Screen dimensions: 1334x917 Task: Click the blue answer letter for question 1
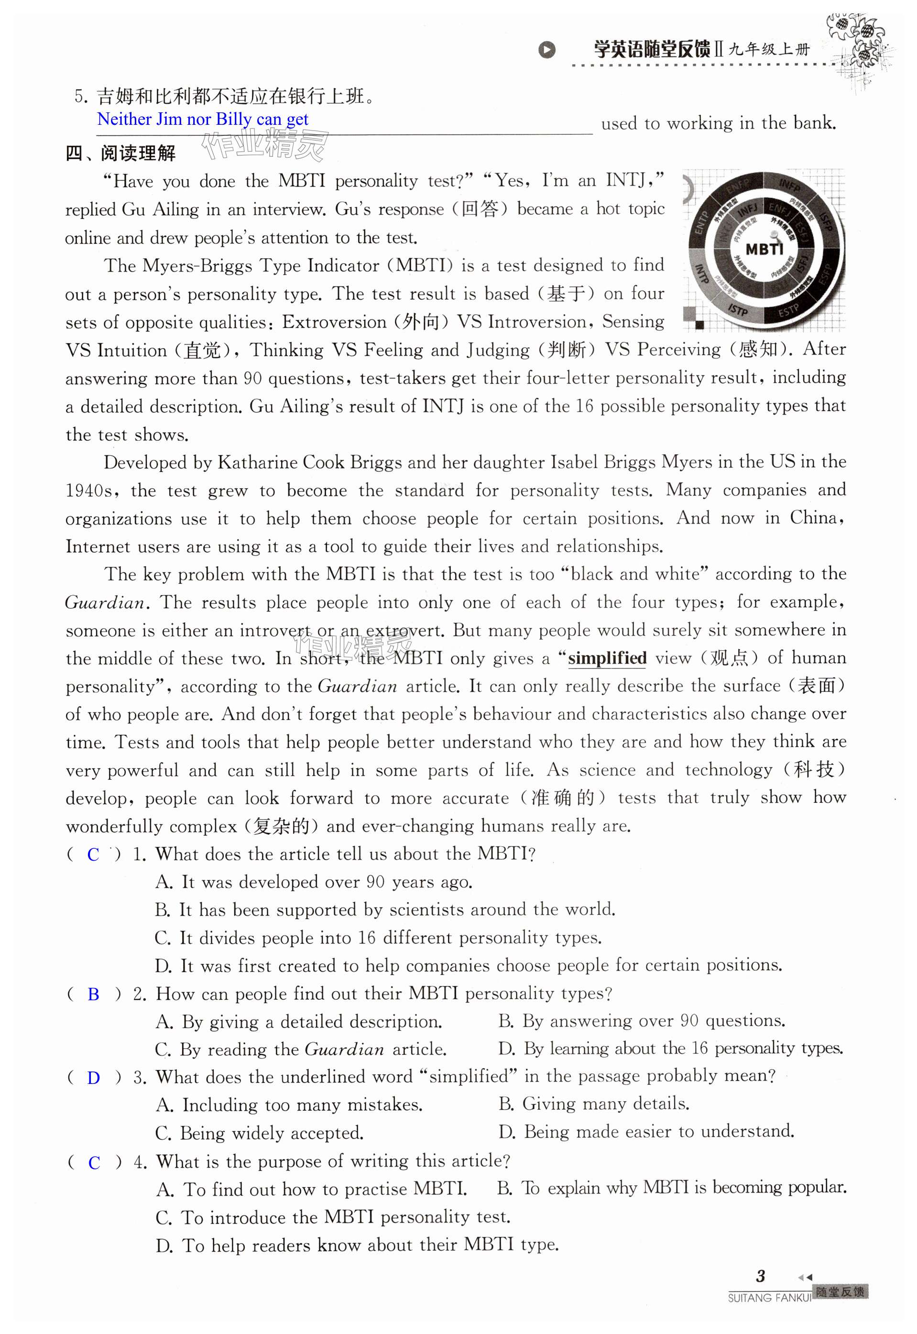(93, 855)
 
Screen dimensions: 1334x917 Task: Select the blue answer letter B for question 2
(93, 995)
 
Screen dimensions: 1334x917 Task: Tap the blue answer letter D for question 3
(93, 1078)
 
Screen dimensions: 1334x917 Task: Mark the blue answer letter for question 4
(94, 1163)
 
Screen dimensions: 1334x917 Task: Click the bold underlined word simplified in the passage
(607, 658)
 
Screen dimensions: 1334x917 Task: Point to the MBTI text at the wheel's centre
(764, 249)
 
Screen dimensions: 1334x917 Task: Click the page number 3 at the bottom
(760, 1276)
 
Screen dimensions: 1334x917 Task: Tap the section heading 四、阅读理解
(120, 153)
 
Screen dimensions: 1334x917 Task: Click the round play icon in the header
(547, 50)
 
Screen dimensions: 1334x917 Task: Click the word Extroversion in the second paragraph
(334, 322)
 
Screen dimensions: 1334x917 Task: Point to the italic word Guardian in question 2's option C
(344, 1050)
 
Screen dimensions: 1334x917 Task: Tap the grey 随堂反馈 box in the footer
(841, 1292)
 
